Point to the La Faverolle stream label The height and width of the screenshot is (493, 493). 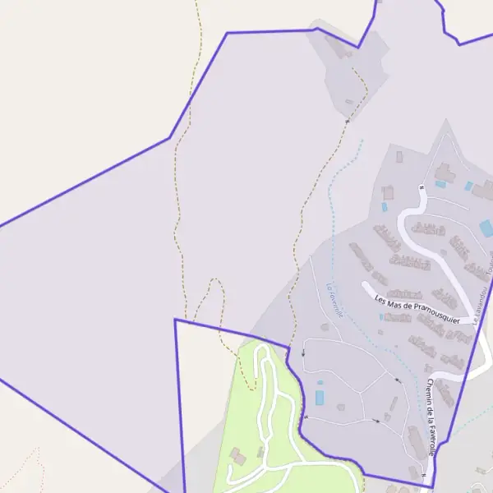pyautogui.click(x=334, y=301)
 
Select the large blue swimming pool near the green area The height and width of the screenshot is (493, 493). pyautogui.click(x=320, y=398)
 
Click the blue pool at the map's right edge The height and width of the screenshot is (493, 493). pyautogui.click(x=486, y=228)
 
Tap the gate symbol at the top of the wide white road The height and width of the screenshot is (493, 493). pyautogui.click(x=421, y=187)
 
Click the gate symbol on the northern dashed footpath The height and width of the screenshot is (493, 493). pyautogui.click(x=347, y=122)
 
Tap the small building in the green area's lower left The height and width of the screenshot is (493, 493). pyautogui.click(x=237, y=454)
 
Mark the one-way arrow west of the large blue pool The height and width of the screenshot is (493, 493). pyautogui.click(x=302, y=353)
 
